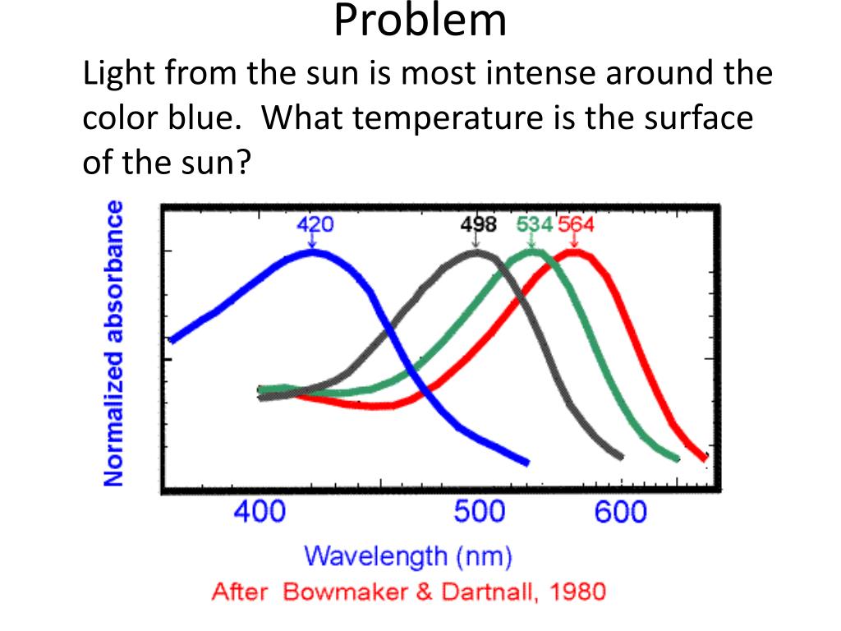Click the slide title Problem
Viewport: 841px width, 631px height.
click(420, 23)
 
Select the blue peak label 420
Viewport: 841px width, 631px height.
click(315, 224)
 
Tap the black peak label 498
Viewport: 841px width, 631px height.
click(476, 224)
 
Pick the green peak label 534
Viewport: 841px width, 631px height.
click(534, 224)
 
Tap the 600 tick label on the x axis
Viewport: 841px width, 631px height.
click(621, 513)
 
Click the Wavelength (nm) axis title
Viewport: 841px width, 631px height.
click(408, 557)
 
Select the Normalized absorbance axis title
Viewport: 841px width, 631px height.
click(115, 343)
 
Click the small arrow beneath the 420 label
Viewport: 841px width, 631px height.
click(312, 242)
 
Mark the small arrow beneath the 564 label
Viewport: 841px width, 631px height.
click(574, 242)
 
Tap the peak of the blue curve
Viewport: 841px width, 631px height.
click(312, 251)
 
